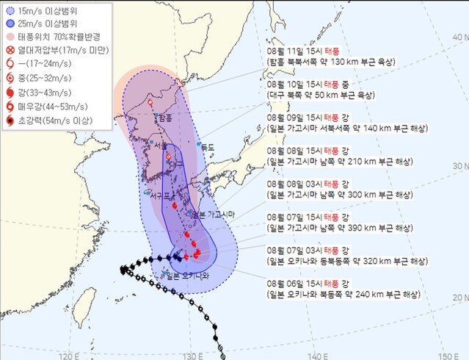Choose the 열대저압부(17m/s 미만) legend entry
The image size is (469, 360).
pos(54,49)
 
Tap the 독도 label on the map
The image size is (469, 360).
pos(208,147)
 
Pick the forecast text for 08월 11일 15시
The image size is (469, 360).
pos(333,57)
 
